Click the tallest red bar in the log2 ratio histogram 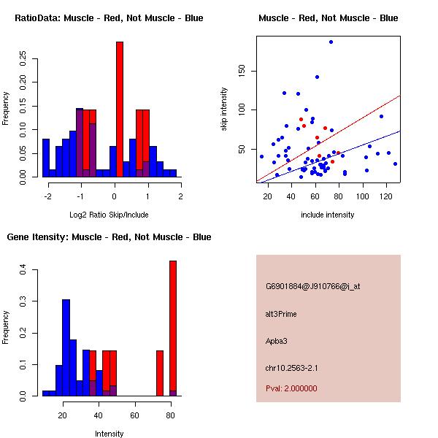(120, 109)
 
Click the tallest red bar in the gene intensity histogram (173, 328)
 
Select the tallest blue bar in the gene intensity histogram (66, 347)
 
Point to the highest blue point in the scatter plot (331, 42)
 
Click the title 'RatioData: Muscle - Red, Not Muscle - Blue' (109, 18)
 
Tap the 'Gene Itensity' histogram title (109, 237)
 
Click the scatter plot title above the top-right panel (328, 18)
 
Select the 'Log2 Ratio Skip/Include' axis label (109, 215)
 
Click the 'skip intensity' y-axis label (224, 109)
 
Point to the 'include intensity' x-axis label (328, 215)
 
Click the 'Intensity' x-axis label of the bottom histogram (109, 434)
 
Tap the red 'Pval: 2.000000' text (292, 388)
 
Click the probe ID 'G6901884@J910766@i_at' (313, 286)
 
